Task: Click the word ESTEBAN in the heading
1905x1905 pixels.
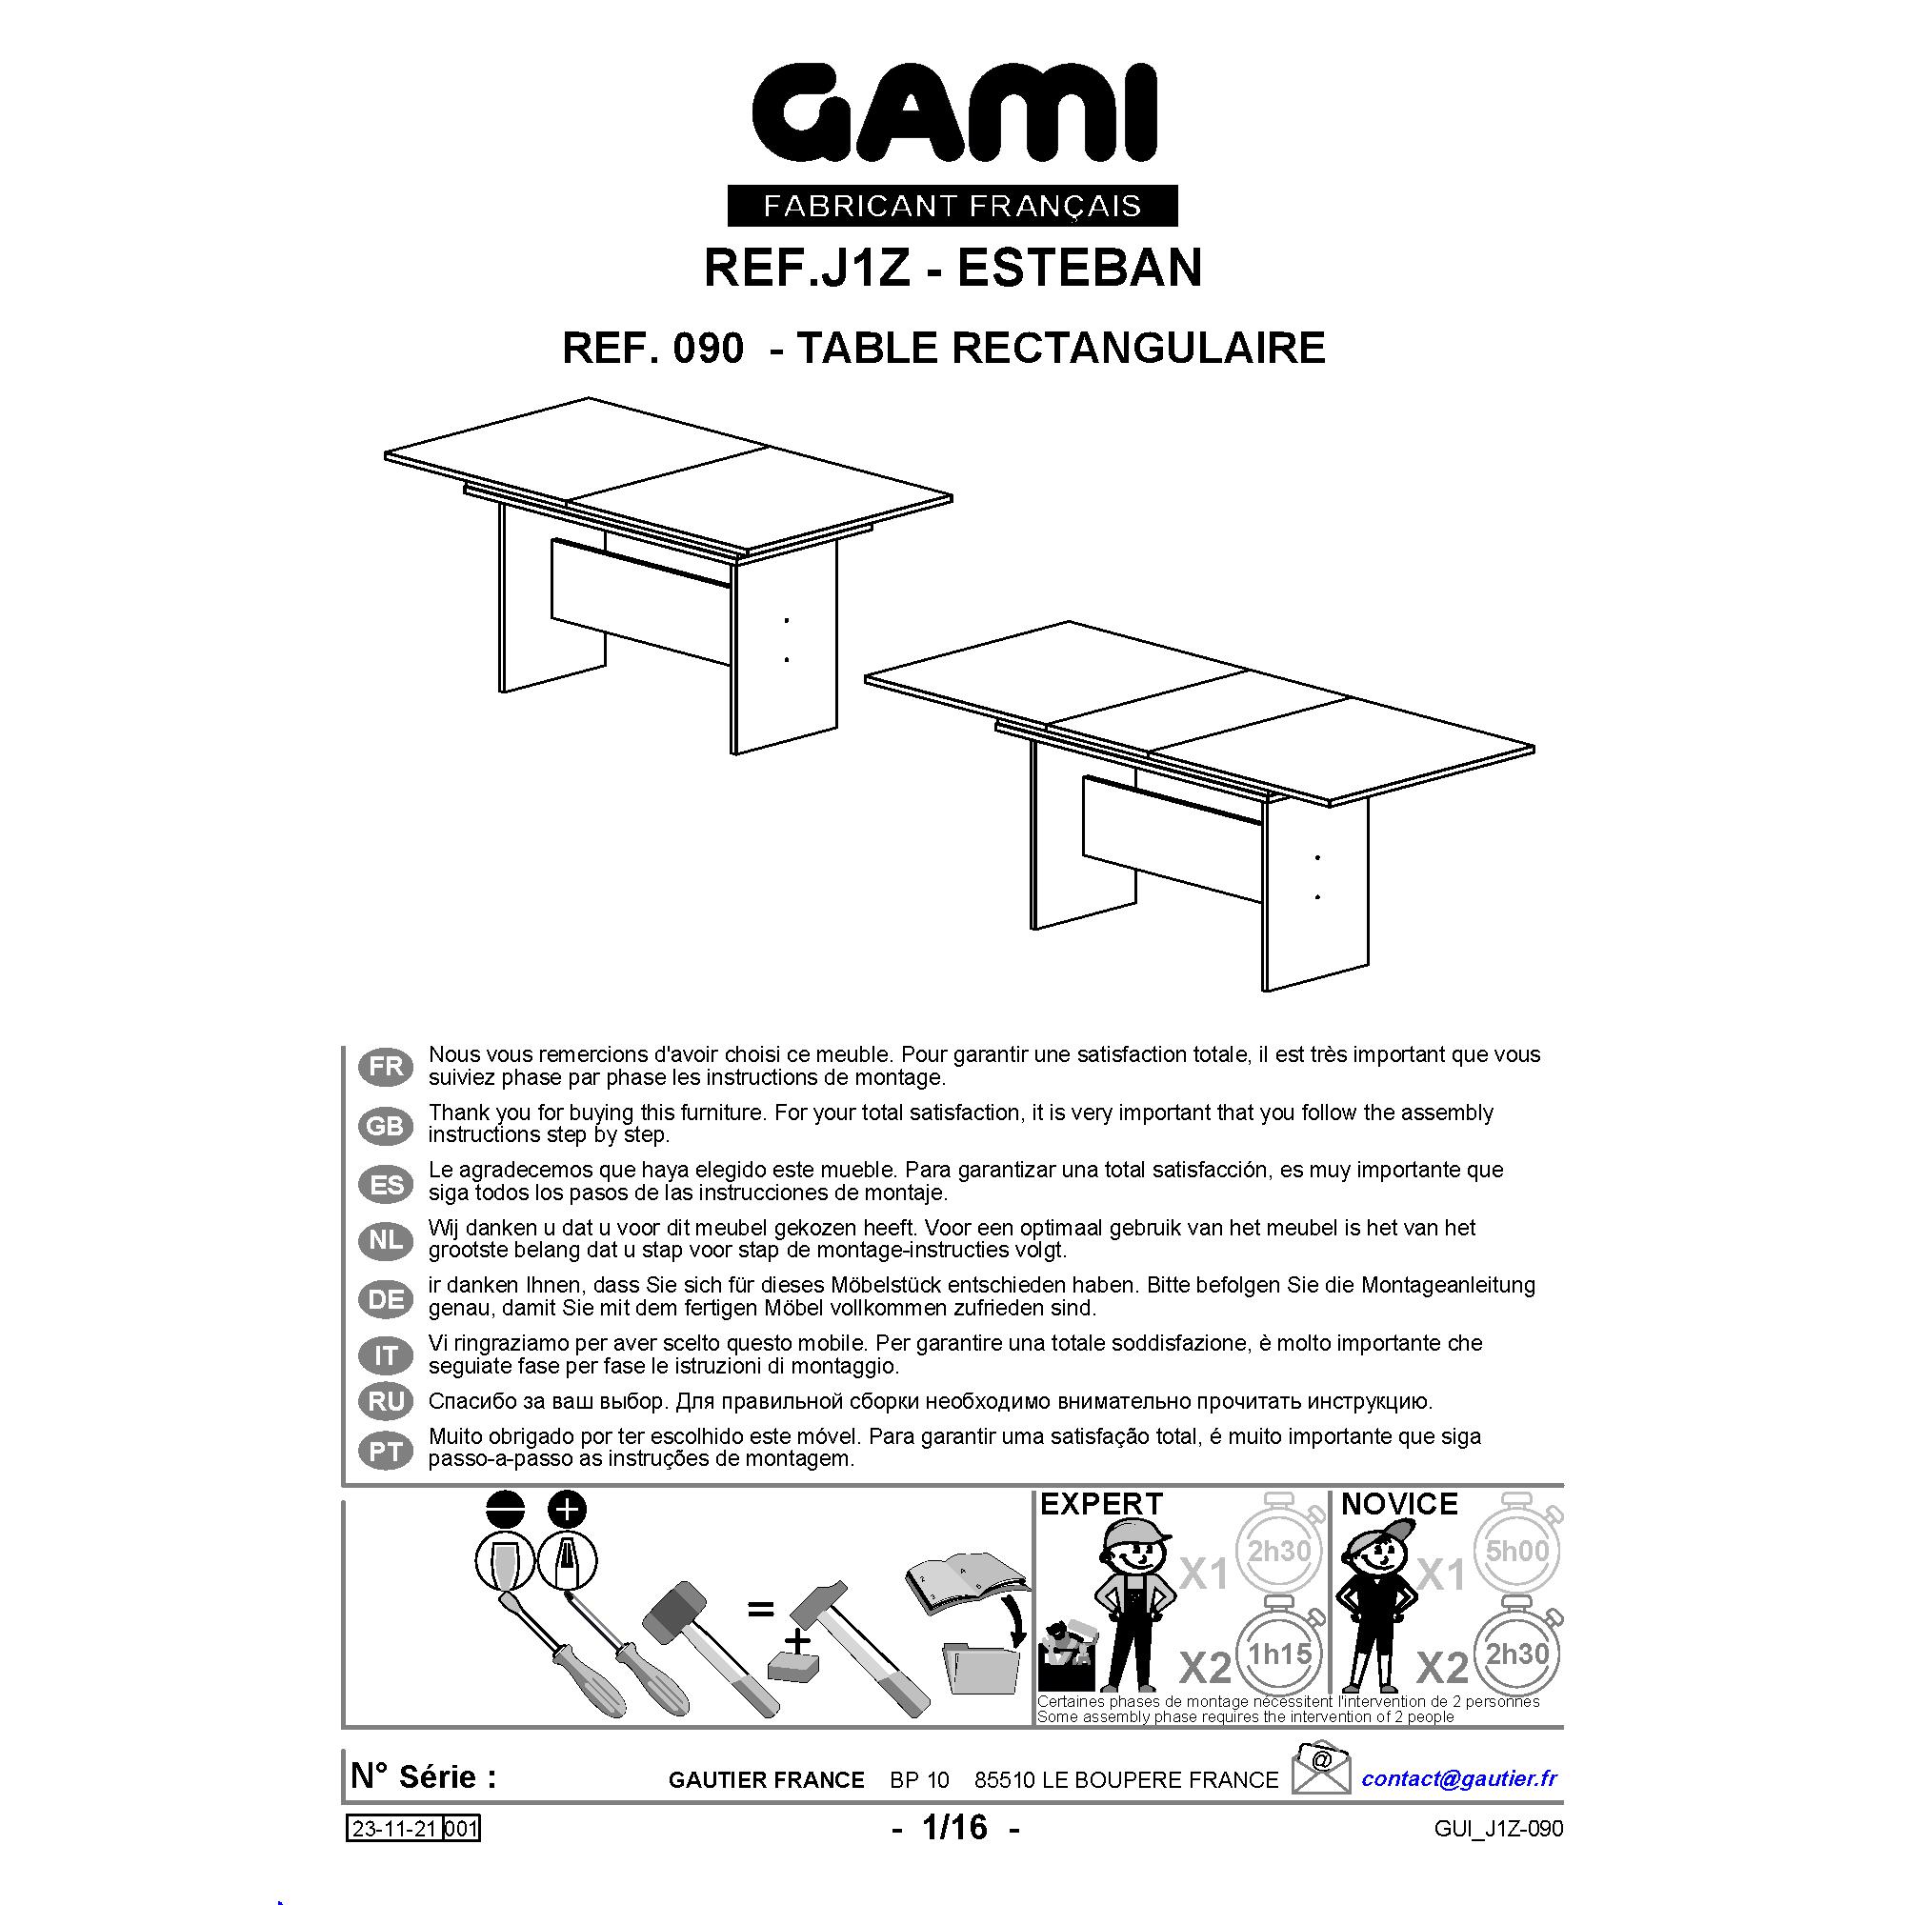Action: [x=1080, y=268]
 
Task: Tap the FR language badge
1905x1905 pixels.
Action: [x=386, y=1066]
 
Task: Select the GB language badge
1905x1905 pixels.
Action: [x=386, y=1125]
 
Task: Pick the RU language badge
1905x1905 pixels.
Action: [x=386, y=1401]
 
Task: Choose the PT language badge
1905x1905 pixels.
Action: [x=386, y=1452]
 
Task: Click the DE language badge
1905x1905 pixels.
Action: [x=386, y=1299]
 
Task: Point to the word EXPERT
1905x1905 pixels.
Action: [x=1101, y=1505]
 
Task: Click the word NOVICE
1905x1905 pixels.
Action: [x=1399, y=1505]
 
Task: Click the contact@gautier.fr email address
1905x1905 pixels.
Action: [x=1459, y=1778]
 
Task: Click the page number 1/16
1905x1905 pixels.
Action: [x=954, y=1827]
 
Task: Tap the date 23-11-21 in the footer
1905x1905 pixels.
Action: [x=394, y=1829]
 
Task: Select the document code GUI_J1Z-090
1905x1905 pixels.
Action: [x=1498, y=1829]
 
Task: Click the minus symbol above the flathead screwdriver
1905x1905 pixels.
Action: [x=507, y=1510]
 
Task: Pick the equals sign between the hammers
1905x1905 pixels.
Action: [x=760, y=1610]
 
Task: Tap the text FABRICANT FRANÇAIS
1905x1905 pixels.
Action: [x=952, y=206]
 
